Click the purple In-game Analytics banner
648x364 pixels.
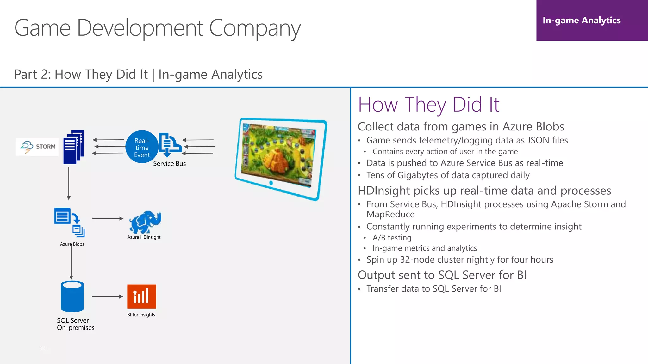point(592,21)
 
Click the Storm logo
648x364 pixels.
point(37,147)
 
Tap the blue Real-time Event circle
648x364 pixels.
point(141,147)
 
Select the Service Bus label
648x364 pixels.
point(169,164)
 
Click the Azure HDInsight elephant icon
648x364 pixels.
point(145,222)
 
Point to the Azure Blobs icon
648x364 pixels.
point(69,222)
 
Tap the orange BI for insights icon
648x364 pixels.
point(141,296)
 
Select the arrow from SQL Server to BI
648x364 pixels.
point(107,297)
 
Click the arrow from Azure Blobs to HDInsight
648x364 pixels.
point(108,218)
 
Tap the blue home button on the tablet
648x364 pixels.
point(271,183)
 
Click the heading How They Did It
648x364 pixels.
point(428,105)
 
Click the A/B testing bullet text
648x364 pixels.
point(392,238)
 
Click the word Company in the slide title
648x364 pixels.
point(255,28)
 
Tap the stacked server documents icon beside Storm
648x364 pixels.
point(73,147)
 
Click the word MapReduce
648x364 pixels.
point(390,215)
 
